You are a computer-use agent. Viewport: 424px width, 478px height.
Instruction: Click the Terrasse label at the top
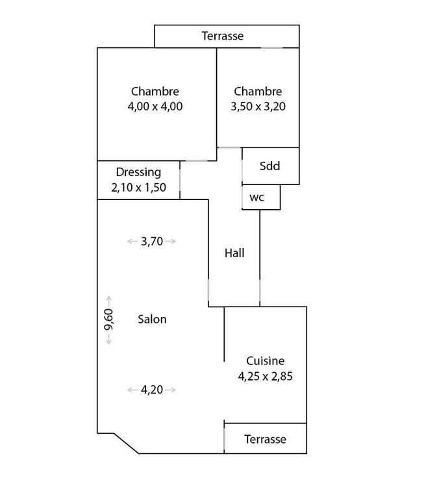tap(223, 36)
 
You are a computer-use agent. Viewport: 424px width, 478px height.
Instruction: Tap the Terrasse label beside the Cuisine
tap(265, 439)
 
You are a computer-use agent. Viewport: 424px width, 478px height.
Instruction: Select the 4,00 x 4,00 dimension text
tap(155, 107)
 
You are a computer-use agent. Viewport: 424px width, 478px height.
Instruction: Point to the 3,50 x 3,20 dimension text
tap(258, 107)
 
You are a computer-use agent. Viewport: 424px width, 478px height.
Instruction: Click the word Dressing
tap(138, 173)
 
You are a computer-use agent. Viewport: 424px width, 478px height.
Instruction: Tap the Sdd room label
tap(269, 166)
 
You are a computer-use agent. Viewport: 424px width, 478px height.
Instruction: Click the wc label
tap(257, 198)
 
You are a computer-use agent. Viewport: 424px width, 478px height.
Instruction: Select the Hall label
tap(234, 253)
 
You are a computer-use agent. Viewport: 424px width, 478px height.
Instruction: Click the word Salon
tap(153, 319)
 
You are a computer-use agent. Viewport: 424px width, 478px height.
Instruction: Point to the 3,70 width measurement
tap(151, 242)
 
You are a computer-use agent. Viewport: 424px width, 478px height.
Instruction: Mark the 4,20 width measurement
tap(151, 390)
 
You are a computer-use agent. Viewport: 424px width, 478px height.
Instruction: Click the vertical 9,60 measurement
tap(109, 320)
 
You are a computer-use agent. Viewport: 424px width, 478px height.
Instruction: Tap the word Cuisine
tap(266, 360)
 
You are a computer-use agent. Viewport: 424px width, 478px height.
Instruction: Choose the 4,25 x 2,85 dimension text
tap(266, 375)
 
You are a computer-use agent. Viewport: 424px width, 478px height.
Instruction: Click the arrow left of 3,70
tap(132, 242)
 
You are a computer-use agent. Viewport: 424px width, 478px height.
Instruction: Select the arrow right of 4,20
tap(171, 390)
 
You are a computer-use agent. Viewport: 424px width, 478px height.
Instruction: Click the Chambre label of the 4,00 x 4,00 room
tap(155, 92)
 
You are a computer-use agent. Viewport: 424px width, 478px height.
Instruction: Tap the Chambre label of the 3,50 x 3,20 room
tap(258, 92)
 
